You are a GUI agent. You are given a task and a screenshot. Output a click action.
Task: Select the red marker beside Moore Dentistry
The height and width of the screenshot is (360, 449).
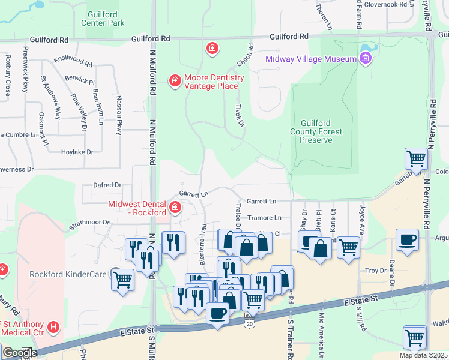click(x=175, y=80)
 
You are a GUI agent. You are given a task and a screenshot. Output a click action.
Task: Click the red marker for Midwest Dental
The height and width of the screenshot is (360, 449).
click(x=175, y=208)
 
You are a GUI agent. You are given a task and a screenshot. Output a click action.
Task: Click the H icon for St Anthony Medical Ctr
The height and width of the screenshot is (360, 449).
click(x=54, y=327)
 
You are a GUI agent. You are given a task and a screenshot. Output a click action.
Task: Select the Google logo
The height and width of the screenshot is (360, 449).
click(x=20, y=353)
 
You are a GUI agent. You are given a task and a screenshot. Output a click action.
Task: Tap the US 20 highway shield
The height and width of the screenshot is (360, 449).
click(x=248, y=323)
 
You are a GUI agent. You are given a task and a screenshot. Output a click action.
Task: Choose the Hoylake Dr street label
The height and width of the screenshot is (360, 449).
click(x=77, y=152)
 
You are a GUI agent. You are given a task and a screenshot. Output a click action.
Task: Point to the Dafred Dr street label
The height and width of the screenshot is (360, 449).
click(x=107, y=185)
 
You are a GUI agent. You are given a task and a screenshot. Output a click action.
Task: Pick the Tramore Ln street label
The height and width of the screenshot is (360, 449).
click(x=264, y=217)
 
